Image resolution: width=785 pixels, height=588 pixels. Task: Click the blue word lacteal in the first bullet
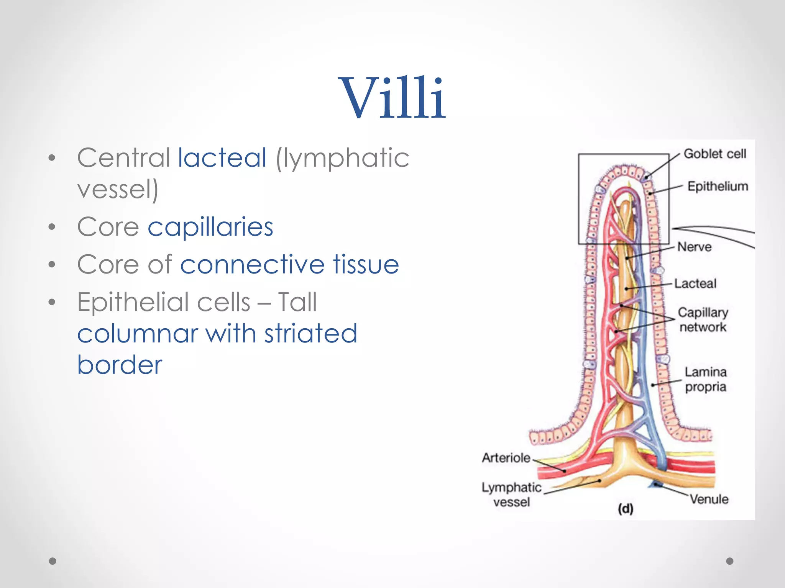[222, 158]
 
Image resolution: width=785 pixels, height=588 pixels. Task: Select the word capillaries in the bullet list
[210, 227]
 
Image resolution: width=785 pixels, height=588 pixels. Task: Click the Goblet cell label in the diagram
[715, 154]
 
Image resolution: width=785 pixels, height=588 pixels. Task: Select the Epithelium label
[718, 186]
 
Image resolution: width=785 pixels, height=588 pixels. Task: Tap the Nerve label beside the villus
[694, 247]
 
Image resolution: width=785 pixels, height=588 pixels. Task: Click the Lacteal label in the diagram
[695, 283]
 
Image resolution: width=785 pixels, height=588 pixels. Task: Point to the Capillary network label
[703, 319]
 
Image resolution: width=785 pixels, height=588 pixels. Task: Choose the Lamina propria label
[706, 379]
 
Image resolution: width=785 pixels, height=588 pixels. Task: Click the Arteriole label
[506, 458]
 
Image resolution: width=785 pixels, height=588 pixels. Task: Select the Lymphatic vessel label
[511, 495]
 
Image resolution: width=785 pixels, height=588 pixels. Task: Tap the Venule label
[709, 499]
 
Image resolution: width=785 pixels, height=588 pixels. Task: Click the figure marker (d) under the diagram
[626, 509]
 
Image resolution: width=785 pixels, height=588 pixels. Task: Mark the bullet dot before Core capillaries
[52, 227]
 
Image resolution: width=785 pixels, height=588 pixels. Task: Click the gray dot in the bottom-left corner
[53, 561]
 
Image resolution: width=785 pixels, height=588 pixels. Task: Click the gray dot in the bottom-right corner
[730, 561]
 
